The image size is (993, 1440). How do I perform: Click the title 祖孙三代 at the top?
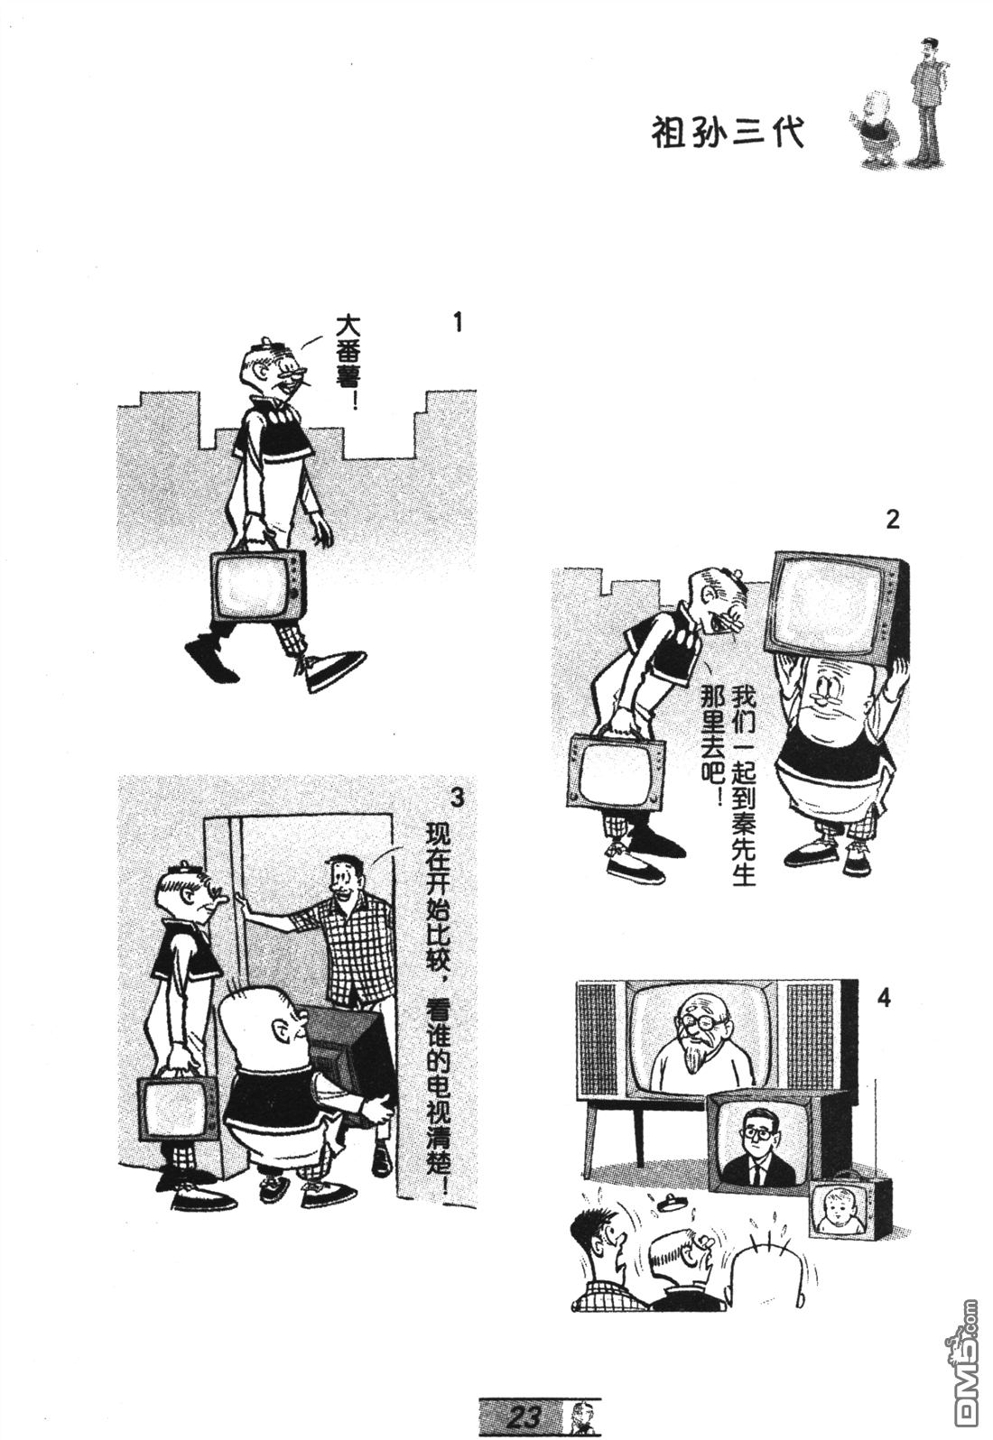(728, 134)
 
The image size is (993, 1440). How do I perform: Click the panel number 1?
(458, 322)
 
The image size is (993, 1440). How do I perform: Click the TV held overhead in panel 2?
(840, 609)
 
